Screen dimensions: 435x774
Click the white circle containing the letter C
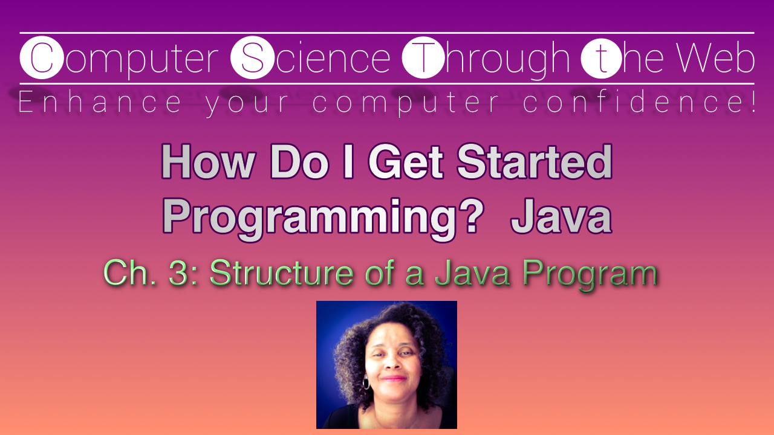[41, 59]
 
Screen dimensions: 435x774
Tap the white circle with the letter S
[252, 59]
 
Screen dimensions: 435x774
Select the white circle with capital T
[423, 59]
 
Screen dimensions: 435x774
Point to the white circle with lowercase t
[600, 59]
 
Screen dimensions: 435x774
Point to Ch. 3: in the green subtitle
[151, 274]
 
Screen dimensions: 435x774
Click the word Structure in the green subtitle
[281, 274]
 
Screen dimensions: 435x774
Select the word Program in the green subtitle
[590, 274]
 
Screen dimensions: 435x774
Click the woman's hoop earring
[366, 383]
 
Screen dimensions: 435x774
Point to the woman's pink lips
[394, 379]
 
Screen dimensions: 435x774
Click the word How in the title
[207, 163]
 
